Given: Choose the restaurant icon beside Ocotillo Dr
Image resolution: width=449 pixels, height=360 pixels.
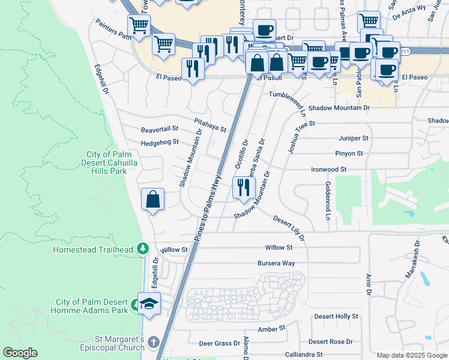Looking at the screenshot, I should [x=243, y=188].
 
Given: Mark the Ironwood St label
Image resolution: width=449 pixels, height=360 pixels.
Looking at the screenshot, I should [x=328, y=170].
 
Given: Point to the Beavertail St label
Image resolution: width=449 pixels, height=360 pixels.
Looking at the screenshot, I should [x=160, y=128].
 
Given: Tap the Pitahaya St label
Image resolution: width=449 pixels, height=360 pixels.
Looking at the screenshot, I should [x=209, y=125].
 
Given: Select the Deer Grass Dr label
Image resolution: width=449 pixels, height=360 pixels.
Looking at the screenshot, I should [x=219, y=343].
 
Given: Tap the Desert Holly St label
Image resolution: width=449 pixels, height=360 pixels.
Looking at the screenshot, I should [x=336, y=316].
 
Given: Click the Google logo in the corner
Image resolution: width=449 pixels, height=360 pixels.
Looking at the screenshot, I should [x=20, y=353].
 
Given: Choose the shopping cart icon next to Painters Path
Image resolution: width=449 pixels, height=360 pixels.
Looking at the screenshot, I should [x=139, y=26].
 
